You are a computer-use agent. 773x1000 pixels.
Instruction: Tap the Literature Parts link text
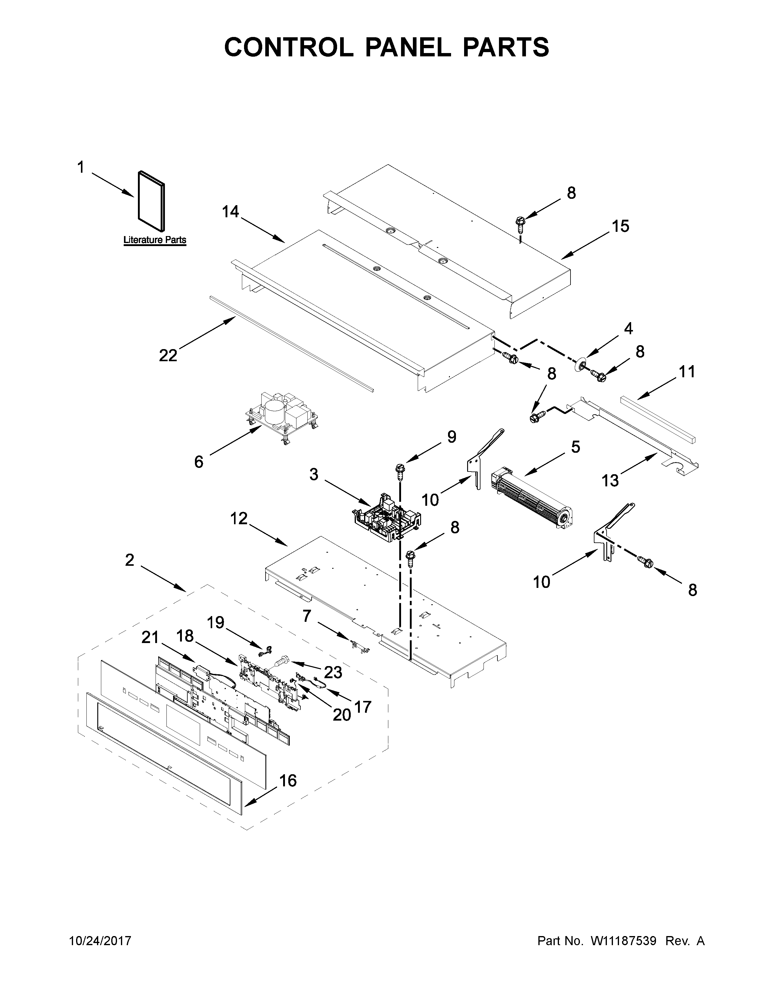155,240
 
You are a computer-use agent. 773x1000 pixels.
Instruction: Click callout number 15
621,226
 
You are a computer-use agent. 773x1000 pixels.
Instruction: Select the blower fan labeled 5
531,504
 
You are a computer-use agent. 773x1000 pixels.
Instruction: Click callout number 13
610,480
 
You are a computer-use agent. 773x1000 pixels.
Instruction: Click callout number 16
288,780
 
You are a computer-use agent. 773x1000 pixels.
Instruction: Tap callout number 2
130,559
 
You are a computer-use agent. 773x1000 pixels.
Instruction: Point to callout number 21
150,637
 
